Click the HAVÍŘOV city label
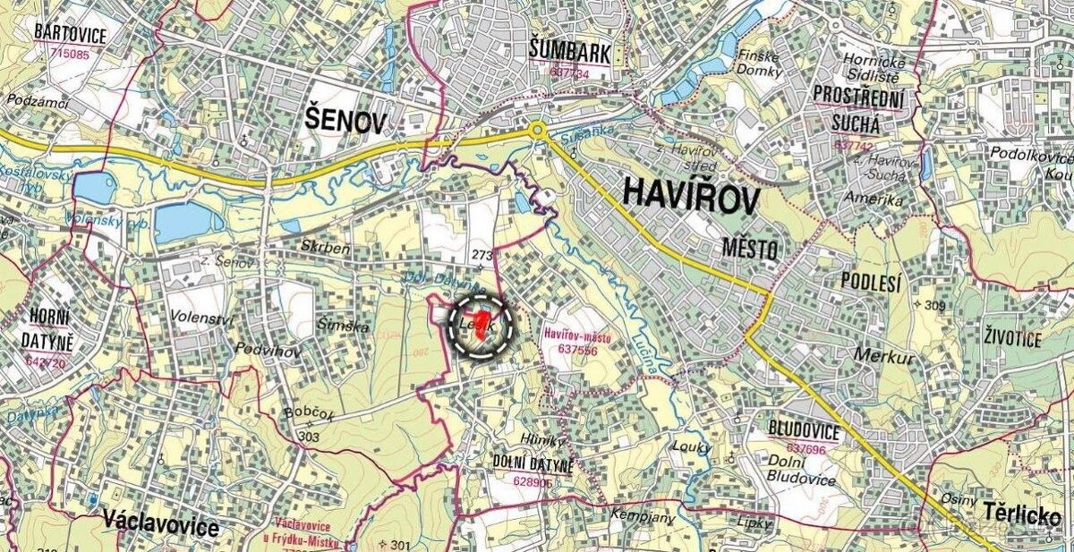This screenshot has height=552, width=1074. [688, 195]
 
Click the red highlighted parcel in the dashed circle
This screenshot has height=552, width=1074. [482, 324]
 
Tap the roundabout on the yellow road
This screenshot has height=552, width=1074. [538, 132]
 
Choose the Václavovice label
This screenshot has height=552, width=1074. [160, 525]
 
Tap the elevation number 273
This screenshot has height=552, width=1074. [482, 256]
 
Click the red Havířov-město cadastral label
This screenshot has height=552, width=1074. [577, 337]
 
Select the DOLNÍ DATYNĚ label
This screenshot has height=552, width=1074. [533, 461]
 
